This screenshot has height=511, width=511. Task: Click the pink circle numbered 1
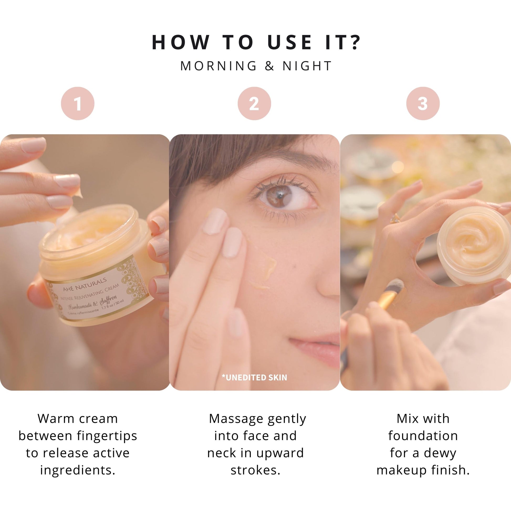tap(77, 103)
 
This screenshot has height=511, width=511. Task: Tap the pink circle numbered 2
tap(254, 103)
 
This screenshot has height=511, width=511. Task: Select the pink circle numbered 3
tap(423, 103)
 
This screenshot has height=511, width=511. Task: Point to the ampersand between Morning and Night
tap(269, 66)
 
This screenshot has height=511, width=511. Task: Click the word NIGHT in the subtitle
tap(307, 66)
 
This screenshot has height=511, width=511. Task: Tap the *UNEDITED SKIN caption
tap(254, 377)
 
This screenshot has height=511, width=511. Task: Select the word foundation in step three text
tap(423, 436)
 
